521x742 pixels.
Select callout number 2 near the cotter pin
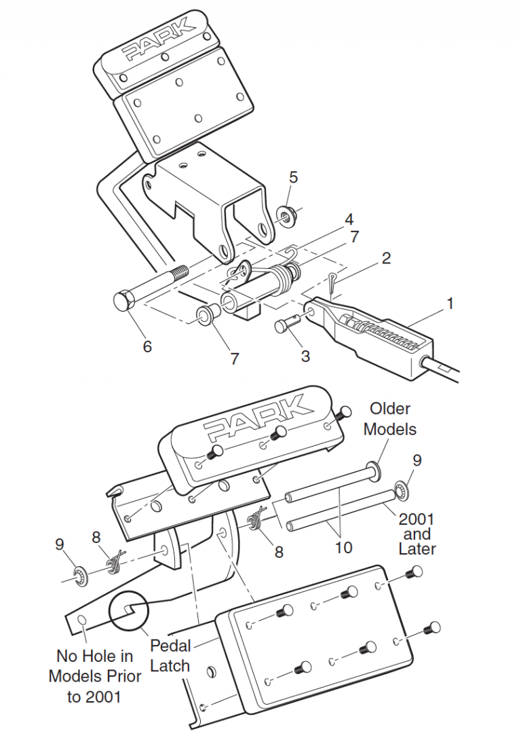[x=385, y=258]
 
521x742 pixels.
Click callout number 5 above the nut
[x=293, y=177]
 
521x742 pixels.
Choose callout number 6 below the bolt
[x=147, y=346]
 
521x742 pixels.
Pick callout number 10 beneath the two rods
[x=344, y=547]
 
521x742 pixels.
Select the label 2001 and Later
[x=417, y=534]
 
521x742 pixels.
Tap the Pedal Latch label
[x=170, y=655]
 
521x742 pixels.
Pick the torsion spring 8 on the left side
[x=114, y=561]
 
